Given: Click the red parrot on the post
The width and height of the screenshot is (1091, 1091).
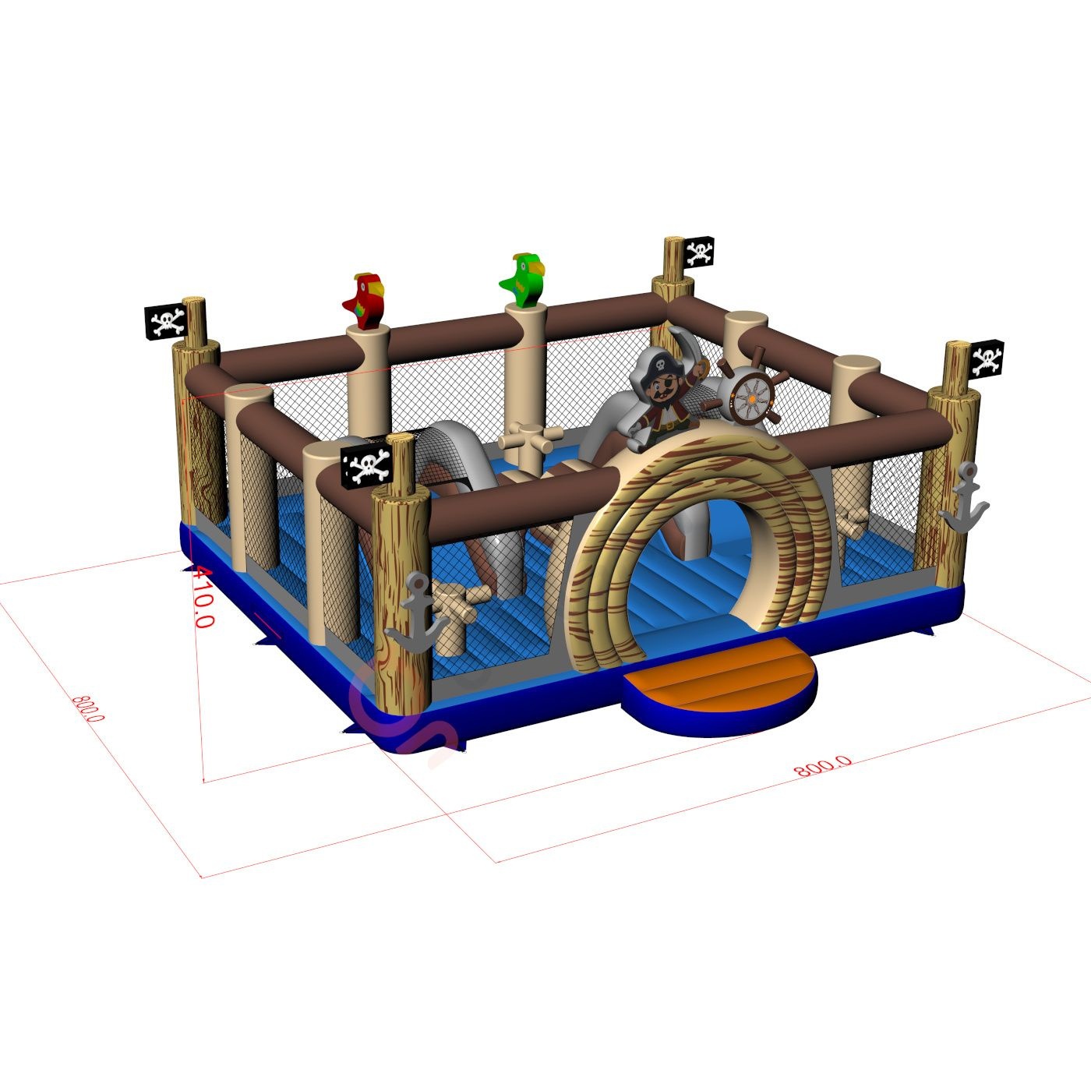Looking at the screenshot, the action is [x=365, y=301].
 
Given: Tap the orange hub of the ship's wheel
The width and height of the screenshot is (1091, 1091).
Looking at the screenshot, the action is [x=751, y=399].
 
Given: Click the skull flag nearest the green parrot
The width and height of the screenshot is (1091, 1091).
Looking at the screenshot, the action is [x=699, y=252].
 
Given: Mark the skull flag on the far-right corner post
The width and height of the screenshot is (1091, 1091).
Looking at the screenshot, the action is [x=987, y=358].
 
